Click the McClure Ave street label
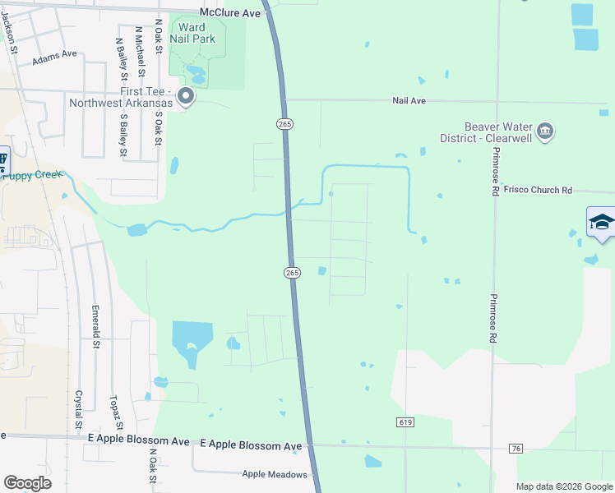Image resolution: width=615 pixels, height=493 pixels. point(230,13)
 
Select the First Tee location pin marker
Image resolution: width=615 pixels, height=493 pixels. point(186,97)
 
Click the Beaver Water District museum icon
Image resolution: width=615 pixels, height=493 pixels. point(544,131)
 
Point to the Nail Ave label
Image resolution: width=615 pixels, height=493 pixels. point(408,100)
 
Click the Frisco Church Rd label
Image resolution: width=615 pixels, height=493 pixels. point(539,190)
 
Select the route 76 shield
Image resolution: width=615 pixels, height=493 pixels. point(516,448)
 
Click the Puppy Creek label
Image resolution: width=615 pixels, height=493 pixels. point(33,174)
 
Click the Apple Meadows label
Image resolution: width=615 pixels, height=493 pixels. point(275,474)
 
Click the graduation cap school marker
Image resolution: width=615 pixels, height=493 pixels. point(601,223)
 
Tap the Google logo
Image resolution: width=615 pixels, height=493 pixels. point(27,482)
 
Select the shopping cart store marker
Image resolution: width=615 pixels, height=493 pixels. point(2,159)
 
